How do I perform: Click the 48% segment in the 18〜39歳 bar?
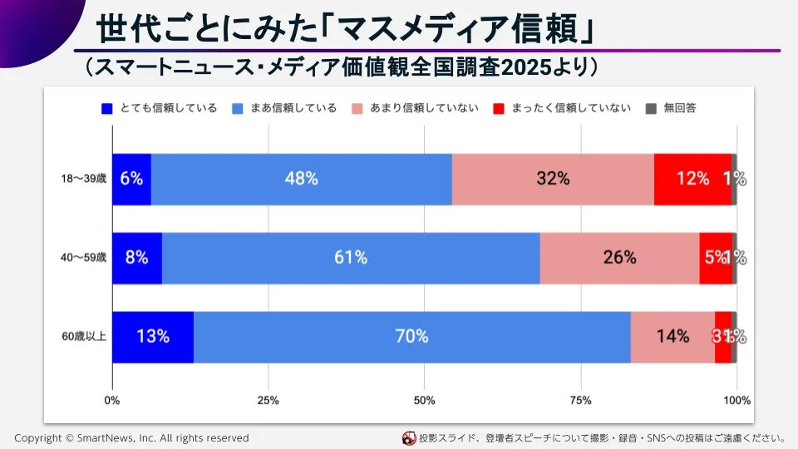coord(301,178)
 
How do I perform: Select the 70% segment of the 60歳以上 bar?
coord(411,337)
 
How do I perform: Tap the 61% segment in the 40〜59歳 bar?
coord(350,258)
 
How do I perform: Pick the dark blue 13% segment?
coord(153,337)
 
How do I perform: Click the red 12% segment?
coord(692,178)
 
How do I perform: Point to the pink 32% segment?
coord(553,178)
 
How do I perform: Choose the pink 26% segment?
coord(619,258)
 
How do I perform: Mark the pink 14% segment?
coord(672,337)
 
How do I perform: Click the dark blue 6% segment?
coord(131,178)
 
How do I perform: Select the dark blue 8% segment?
coord(137,258)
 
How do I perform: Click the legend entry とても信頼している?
coord(158,107)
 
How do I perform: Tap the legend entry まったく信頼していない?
coord(562,107)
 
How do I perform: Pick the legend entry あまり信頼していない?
coord(415,107)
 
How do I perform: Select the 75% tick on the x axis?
coord(580,401)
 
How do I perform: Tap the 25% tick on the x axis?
coord(268,401)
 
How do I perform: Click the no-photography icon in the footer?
coord(409,437)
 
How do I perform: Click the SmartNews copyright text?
coord(131,437)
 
